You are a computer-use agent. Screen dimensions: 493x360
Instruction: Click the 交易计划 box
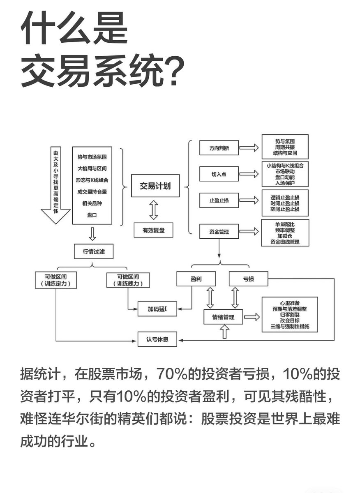[155, 186]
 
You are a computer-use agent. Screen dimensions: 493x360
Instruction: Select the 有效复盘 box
[153, 230]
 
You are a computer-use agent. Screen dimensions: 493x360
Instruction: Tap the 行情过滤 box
[94, 251]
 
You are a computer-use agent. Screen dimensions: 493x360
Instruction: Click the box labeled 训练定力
[56, 280]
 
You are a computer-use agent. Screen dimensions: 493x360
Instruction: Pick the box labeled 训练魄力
[127, 280]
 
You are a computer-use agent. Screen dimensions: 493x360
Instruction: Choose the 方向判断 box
[219, 147]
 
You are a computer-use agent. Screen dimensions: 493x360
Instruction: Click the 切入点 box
[219, 174]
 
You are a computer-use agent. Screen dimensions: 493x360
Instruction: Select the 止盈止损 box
[219, 200]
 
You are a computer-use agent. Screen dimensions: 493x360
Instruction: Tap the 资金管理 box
[219, 231]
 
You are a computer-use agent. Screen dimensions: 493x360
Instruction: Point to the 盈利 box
[196, 279]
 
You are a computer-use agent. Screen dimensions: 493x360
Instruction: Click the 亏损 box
[248, 279]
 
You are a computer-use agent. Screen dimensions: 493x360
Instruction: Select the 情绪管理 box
[224, 317]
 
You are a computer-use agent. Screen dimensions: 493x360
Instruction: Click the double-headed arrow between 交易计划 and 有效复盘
[154, 210]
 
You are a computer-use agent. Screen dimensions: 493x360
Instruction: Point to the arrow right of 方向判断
[249, 147]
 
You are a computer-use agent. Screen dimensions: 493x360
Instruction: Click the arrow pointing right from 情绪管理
[252, 317]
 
